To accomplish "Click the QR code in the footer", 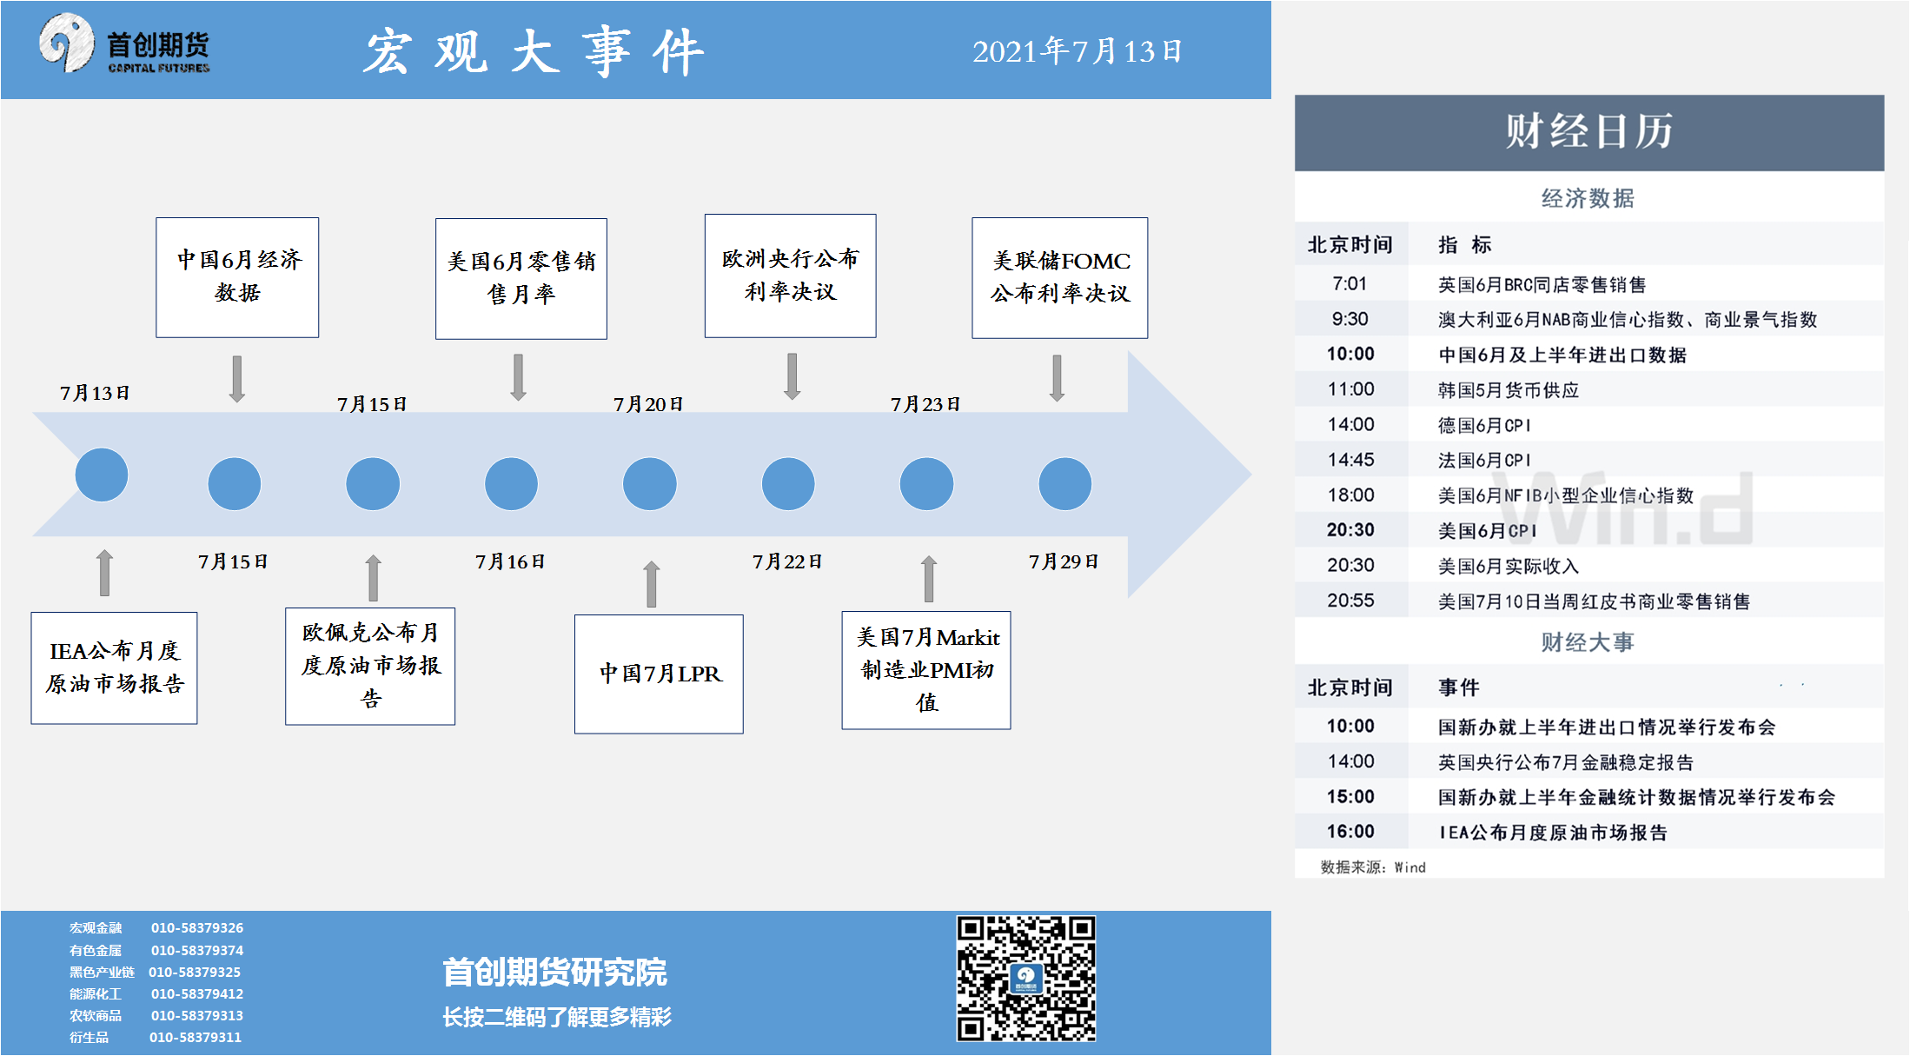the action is pos(1026,978).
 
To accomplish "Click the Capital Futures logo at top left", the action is pos(124,44).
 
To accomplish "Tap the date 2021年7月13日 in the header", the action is pos(1078,51).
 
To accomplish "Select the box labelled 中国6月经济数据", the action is pos(237,277).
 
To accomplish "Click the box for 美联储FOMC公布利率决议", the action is pos(1060,278).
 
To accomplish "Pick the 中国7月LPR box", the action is pos(659,674).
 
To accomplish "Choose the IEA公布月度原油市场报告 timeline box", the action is pos(115,668).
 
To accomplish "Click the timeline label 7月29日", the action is pos(1064,561).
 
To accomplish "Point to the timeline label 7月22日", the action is pos(787,561).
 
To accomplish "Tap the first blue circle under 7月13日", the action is pos(102,475).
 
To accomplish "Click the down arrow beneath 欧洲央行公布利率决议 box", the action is pos(792,376).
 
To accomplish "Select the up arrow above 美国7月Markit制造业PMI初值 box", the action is pos(929,579).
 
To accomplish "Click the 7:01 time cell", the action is pos(1350,284).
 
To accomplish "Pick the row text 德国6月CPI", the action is pos(1484,425).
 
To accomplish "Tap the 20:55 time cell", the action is pos(1350,601).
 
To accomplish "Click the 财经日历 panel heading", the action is pos(1589,131).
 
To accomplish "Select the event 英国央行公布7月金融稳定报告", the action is pos(1566,762).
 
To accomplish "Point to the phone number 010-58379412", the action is pos(197,994).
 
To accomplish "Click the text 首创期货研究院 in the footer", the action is pos(554,973).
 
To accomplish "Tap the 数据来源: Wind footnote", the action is pos(1373,867).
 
